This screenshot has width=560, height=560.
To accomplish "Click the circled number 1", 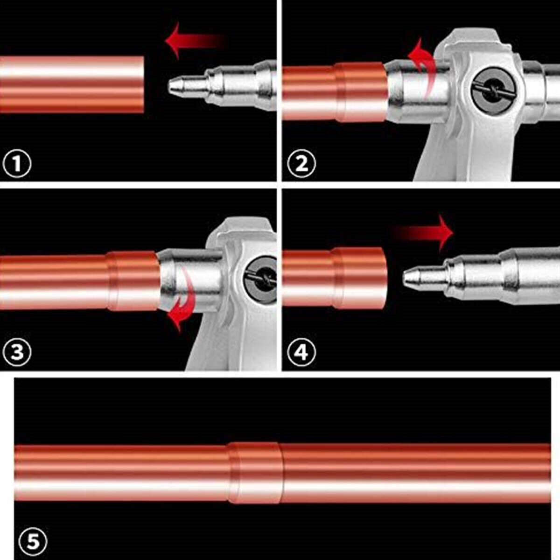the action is point(16,164).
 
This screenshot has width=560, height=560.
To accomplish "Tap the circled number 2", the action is point(301,164).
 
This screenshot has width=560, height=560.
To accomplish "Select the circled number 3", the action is point(16,352).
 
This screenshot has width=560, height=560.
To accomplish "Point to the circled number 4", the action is point(301,352).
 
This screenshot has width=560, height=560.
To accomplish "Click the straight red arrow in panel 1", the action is point(195,41).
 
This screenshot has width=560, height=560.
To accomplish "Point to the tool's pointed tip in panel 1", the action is point(169,85).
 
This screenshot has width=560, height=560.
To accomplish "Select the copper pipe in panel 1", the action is point(72,84).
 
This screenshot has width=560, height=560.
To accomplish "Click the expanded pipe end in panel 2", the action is point(362,92).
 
